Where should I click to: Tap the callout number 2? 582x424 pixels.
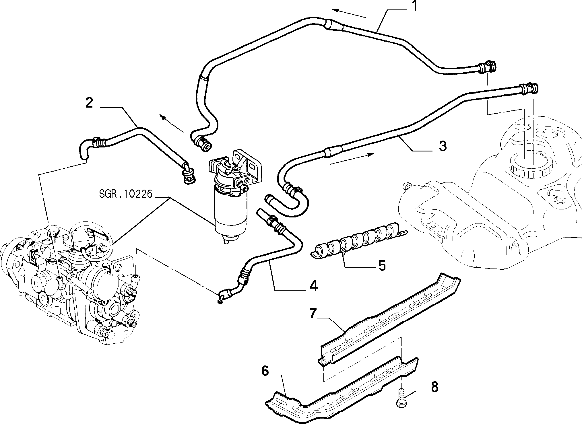[89, 102]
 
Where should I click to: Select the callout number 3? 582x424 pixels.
[443, 146]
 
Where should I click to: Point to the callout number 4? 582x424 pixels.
[313, 286]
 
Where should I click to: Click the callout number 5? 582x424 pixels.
[382, 266]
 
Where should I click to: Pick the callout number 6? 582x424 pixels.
[265, 371]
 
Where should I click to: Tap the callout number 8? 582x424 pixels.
[434, 387]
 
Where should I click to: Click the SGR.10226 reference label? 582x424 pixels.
[125, 194]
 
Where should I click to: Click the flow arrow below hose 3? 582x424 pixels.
[352, 159]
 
